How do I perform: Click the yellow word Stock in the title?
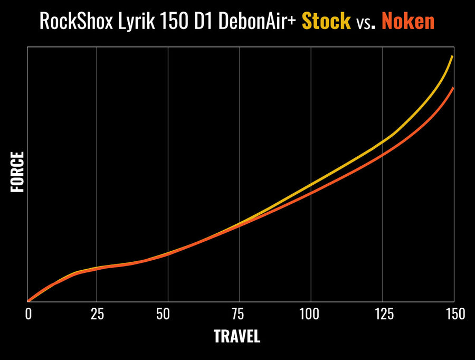point(326,21)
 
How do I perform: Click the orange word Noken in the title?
point(408,21)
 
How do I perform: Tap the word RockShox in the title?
point(76,21)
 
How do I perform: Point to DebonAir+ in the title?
point(256,21)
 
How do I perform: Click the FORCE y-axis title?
point(17,172)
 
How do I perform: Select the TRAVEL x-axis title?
point(237,336)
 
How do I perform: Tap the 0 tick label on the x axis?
point(28,314)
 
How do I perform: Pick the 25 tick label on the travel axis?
point(97,314)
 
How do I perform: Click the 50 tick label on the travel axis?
point(163,314)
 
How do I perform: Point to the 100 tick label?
point(309,314)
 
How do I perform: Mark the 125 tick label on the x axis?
point(384,314)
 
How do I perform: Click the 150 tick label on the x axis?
point(455,314)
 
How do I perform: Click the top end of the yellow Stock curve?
point(453,56)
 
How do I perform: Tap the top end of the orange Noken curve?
point(453,88)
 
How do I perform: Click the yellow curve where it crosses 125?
point(382,141)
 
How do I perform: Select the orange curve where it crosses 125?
point(382,155)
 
